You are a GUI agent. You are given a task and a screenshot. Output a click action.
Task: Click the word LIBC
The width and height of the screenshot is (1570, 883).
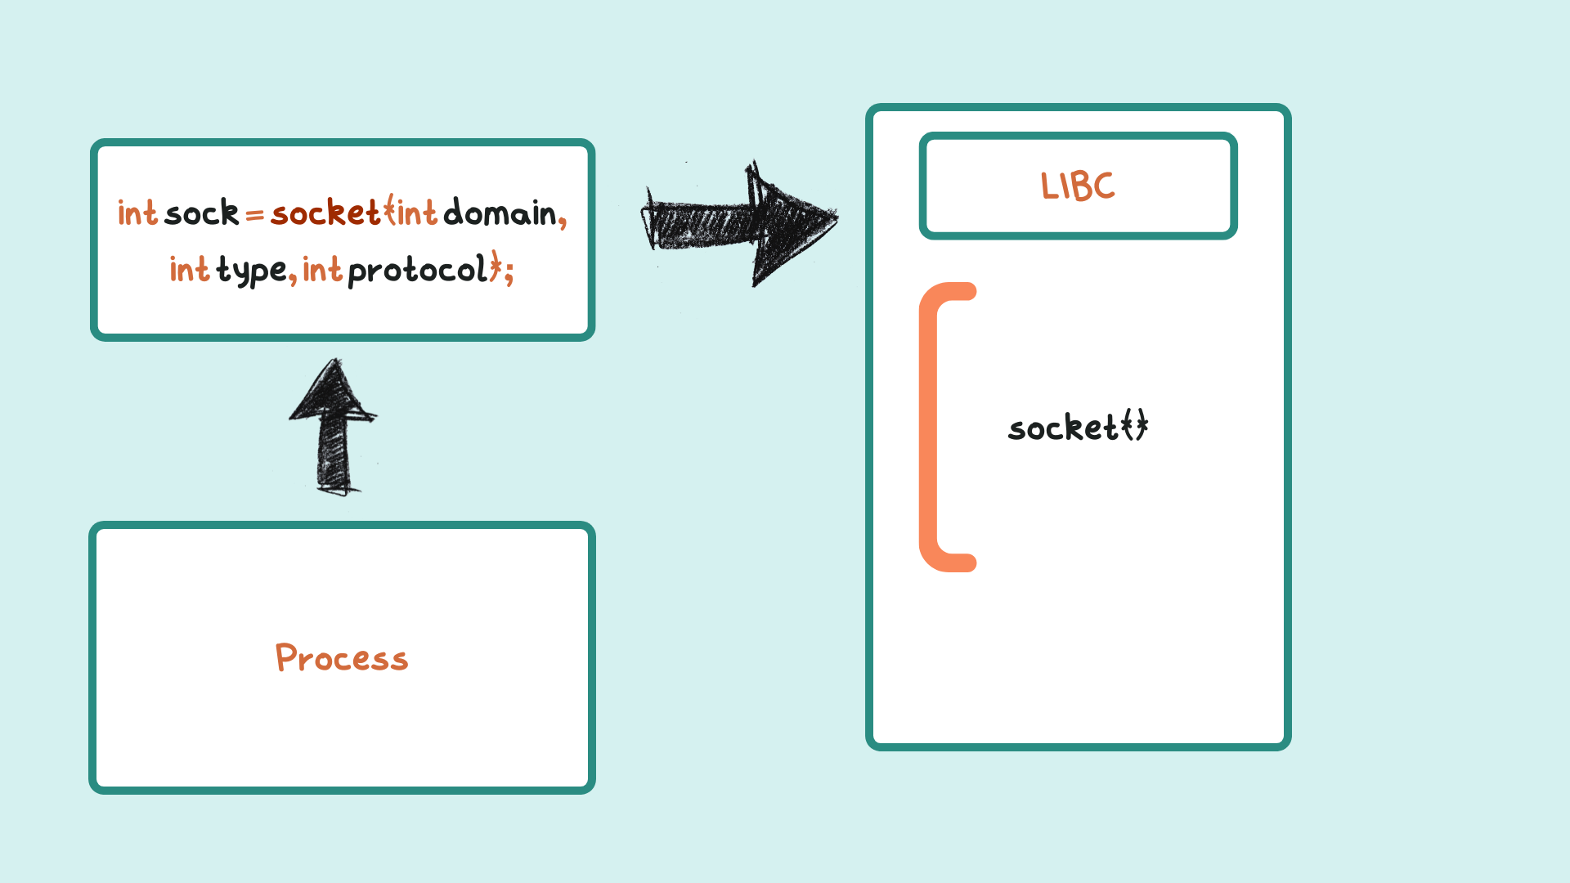coord(1078,186)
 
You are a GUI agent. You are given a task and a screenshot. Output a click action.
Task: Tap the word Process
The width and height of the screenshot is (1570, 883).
coord(342,658)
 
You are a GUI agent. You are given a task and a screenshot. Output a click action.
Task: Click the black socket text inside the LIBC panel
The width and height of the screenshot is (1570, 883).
coord(1078,428)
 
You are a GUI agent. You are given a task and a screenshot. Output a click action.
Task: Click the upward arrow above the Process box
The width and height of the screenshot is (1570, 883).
coord(333,425)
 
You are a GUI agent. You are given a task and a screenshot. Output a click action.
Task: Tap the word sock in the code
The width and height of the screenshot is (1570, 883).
coord(201,213)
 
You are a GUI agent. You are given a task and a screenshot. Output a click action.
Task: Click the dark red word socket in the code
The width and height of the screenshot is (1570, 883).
coord(325,213)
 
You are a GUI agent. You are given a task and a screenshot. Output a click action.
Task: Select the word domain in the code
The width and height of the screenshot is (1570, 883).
coord(499,213)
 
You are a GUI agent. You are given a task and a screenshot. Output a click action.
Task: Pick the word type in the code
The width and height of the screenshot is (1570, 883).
coord(251,271)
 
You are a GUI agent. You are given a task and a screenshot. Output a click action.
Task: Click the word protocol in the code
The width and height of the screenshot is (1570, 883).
coord(417,271)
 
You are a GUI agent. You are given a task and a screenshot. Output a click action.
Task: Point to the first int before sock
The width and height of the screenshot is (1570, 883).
coord(137,213)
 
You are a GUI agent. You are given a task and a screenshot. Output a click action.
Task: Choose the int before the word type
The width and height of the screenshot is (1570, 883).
coord(190,270)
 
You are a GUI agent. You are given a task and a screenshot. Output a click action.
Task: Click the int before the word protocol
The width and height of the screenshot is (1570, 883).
coord(322,270)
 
